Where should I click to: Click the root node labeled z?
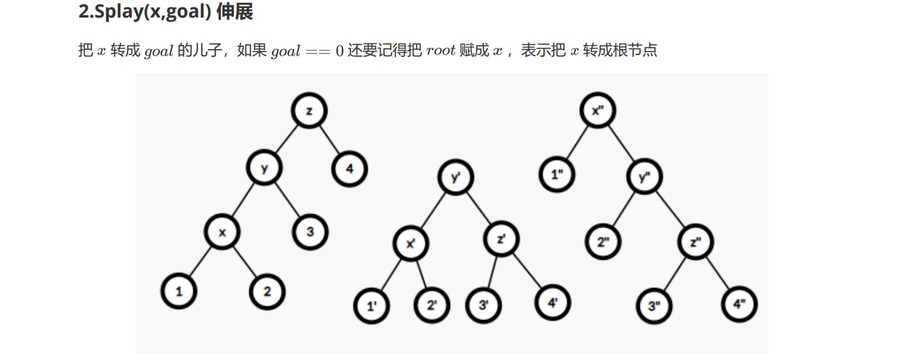[x=309, y=111]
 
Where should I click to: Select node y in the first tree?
[x=264, y=169]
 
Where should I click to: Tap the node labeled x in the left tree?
[x=222, y=232]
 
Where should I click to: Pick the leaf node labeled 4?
[x=349, y=170]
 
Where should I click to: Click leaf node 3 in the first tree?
[x=310, y=232]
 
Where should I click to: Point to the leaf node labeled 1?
[x=179, y=291]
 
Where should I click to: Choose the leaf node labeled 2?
[x=267, y=291]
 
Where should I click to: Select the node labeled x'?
[x=411, y=243]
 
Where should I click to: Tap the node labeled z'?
[x=502, y=240]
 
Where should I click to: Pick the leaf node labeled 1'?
[x=372, y=306]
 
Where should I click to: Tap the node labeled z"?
[x=696, y=241]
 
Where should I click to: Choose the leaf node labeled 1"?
[x=557, y=174]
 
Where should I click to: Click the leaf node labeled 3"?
[x=654, y=306]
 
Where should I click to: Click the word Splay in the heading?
[x=111, y=12]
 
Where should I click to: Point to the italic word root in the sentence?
[x=441, y=50]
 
